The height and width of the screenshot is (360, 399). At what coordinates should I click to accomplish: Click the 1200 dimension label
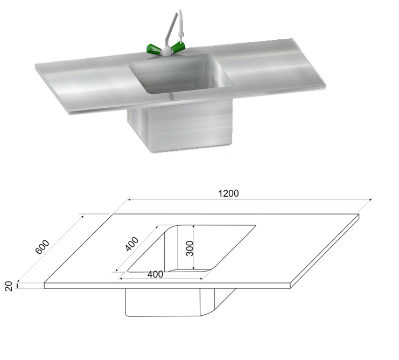[228, 193]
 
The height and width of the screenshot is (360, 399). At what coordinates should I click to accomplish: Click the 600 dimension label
[42, 247]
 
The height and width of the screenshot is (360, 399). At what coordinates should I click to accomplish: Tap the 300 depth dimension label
[190, 248]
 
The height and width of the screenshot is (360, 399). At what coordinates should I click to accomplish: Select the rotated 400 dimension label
[132, 244]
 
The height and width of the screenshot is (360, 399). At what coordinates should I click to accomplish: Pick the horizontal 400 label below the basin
[155, 274]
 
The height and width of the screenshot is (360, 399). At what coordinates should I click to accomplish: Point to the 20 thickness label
[9, 286]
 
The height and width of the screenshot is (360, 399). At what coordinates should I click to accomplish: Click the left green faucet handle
[153, 49]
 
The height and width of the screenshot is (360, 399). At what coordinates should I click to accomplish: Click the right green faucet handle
[178, 47]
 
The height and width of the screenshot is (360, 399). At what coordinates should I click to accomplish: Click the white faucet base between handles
[166, 51]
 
